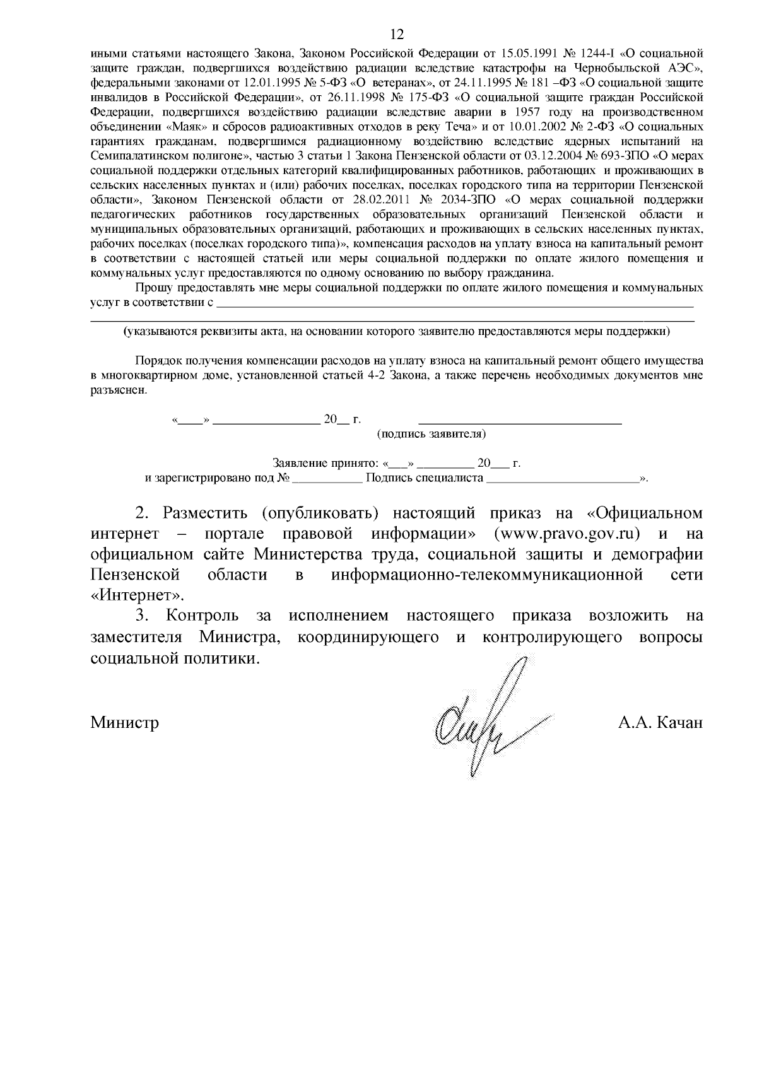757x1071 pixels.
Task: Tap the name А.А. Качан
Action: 660,722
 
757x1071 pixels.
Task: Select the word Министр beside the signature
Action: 124,722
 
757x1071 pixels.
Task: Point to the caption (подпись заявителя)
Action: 431,435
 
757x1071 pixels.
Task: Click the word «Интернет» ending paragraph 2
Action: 138,595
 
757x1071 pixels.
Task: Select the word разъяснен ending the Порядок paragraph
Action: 118,390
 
